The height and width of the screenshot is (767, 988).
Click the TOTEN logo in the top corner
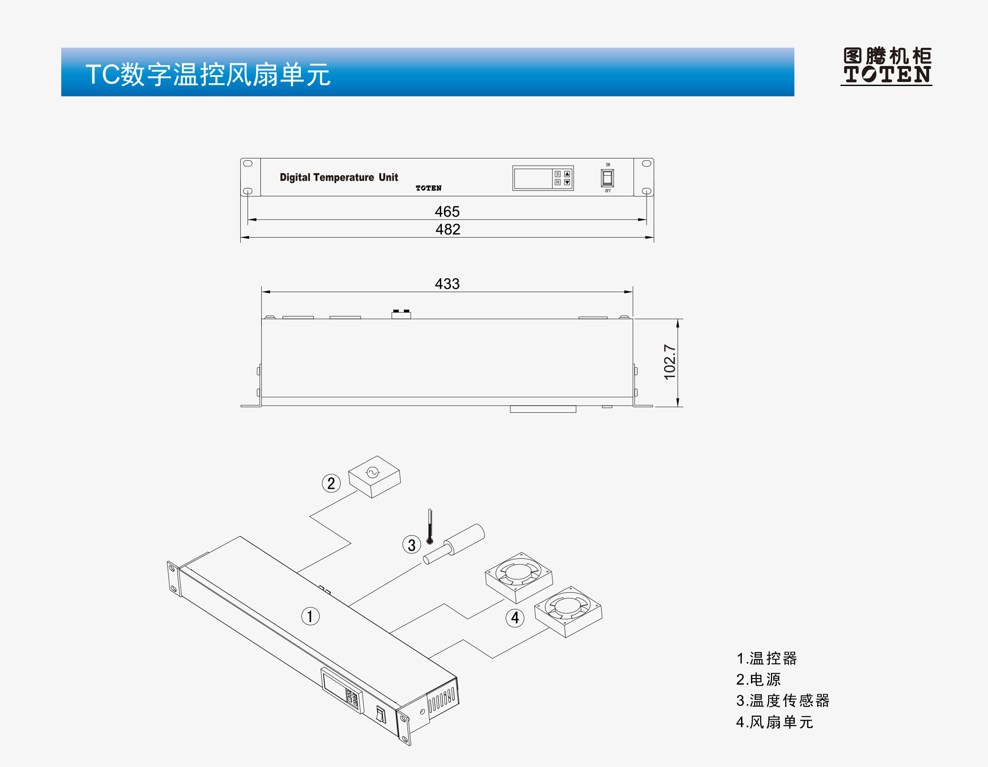[886, 66]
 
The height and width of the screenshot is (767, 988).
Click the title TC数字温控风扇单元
[208, 74]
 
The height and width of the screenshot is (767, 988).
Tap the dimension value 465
[447, 211]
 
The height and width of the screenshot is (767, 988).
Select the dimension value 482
[448, 229]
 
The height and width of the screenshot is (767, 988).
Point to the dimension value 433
[447, 284]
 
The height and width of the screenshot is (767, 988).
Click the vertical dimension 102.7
[670, 362]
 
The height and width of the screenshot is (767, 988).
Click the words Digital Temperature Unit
[339, 177]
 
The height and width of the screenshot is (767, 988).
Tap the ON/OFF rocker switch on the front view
[608, 178]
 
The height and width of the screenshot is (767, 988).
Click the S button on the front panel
[558, 174]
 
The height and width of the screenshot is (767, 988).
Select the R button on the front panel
[558, 182]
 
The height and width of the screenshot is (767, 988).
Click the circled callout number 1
[310, 616]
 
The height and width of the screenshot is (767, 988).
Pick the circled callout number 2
[331, 483]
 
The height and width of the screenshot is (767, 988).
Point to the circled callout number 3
[412, 545]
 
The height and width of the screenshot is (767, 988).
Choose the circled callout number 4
[515, 617]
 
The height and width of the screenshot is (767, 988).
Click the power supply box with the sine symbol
[374, 477]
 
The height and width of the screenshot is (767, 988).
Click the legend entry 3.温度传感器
[782, 701]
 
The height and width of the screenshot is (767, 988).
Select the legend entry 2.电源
[759, 679]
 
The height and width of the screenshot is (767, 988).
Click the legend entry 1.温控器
[766, 658]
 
